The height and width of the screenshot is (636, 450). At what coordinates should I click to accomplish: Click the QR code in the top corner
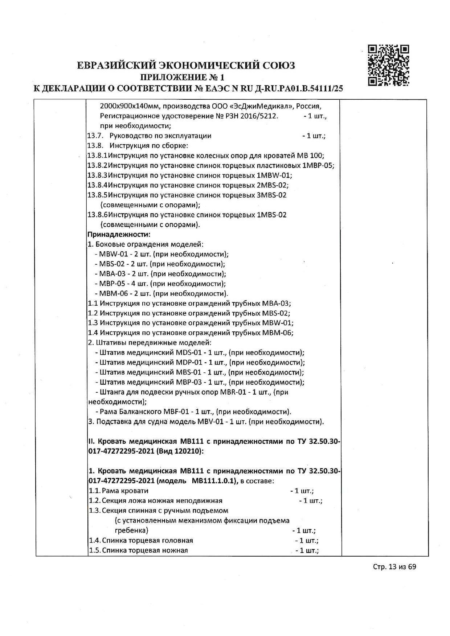coord(388,65)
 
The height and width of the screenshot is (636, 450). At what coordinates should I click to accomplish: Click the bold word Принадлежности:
coord(119,234)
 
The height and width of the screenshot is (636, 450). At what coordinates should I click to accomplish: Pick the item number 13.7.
coord(95,136)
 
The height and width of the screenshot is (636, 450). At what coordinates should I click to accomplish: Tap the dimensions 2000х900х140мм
coord(130,107)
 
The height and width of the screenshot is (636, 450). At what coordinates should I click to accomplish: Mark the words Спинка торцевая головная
coord(147,540)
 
